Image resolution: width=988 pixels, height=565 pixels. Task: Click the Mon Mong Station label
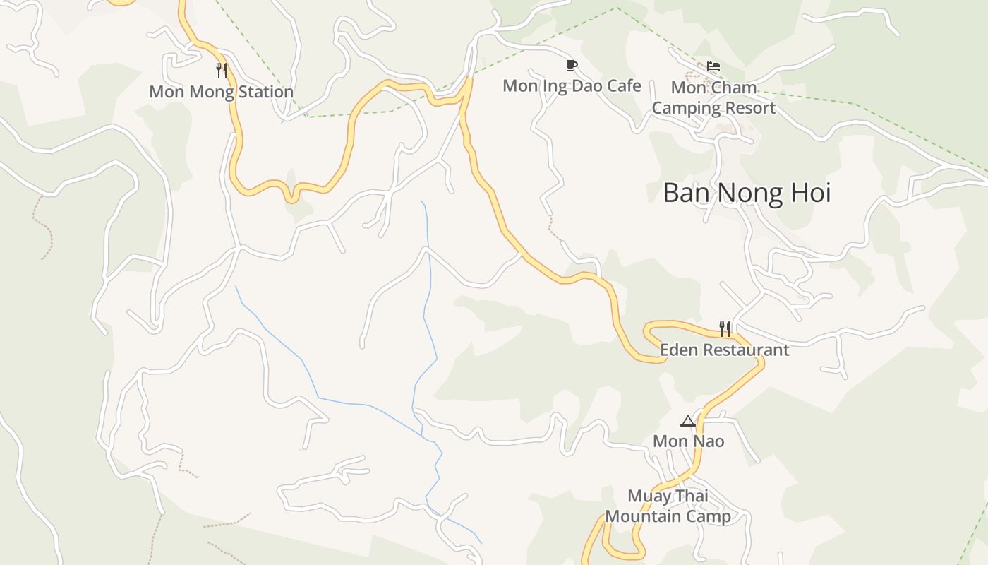pos(221,92)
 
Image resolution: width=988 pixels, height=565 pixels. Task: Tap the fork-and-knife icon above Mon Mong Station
pos(222,69)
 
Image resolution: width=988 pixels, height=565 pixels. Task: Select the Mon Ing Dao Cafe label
pos(572,86)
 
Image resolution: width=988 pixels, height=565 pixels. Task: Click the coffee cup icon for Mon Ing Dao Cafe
pos(572,66)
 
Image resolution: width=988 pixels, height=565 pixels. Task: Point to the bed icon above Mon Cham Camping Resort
pos(713,66)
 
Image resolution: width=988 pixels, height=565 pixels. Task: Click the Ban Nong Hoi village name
pos(747,193)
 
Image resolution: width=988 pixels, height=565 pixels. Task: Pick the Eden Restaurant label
pos(724,350)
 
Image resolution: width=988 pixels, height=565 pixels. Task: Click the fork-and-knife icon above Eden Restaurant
pos(724,328)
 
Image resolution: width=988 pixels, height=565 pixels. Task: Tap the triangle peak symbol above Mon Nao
pos(688,422)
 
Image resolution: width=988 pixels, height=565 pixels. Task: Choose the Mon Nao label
pos(688,441)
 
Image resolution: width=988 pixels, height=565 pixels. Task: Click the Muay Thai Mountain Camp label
pos(668,506)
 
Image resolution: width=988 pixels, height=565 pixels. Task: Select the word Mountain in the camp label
pos(647,517)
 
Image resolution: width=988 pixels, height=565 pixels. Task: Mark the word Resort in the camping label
pos(752,108)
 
